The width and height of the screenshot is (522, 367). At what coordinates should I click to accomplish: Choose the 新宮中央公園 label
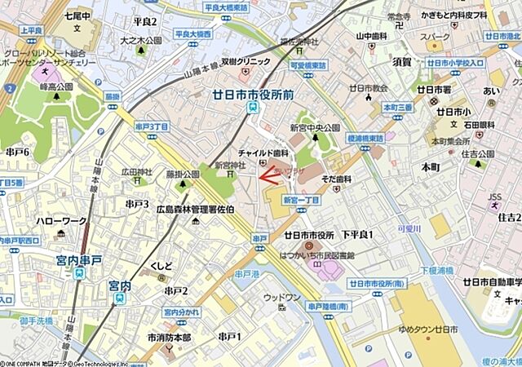tap(315, 128)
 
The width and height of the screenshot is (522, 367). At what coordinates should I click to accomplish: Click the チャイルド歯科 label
tap(263, 152)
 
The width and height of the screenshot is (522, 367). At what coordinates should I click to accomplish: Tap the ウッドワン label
tap(282, 298)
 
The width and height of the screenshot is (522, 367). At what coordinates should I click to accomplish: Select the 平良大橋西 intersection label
tap(192, 34)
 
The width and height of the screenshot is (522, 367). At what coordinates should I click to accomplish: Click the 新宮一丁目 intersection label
tap(301, 199)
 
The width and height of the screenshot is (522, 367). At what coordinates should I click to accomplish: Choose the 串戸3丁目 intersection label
tap(152, 126)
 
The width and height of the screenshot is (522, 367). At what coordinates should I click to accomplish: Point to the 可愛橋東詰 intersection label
tap(307, 65)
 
